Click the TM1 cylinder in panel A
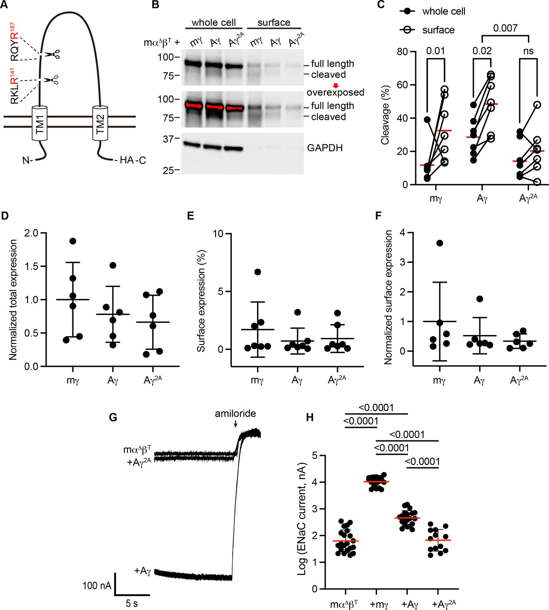(x=40, y=124)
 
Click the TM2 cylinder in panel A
(x=100, y=124)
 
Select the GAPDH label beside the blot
(x=325, y=148)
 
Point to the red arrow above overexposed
(x=335, y=85)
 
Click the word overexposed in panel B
(x=335, y=92)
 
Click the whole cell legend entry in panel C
(x=443, y=11)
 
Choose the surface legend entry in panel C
(x=438, y=30)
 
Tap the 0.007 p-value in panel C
(x=505, y=28)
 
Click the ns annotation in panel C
(x=528, y=51)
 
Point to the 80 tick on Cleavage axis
(x=402, y=52)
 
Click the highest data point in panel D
(x=73, y=241)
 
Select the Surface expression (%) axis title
(x=201, y=301)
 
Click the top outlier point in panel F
(x=439, y=243)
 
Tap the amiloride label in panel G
(x=235, y=414)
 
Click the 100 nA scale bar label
(x=96, y=586)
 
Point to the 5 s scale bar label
(x=131, y=603)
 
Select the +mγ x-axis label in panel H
(x=379, y=604)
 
